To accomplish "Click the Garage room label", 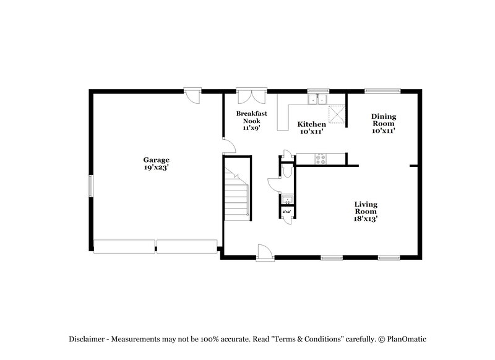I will (x=156, y=160).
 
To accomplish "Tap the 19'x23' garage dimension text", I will (x=156, y=167).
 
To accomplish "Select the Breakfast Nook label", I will (x=251, y=118).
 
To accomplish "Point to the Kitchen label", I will (x=312, y=124).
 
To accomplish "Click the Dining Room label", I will (x=384, y=119).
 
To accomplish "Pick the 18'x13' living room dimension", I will (x=366, y=218).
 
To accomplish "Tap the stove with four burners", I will (x=321, y=158).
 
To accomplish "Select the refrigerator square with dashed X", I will (x=337, y=114).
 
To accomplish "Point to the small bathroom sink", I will (x=287, y=200).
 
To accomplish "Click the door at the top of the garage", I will (x=193, y=94).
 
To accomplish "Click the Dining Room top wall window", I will (x=378, y=92).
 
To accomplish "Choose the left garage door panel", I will (x=123, y=246).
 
